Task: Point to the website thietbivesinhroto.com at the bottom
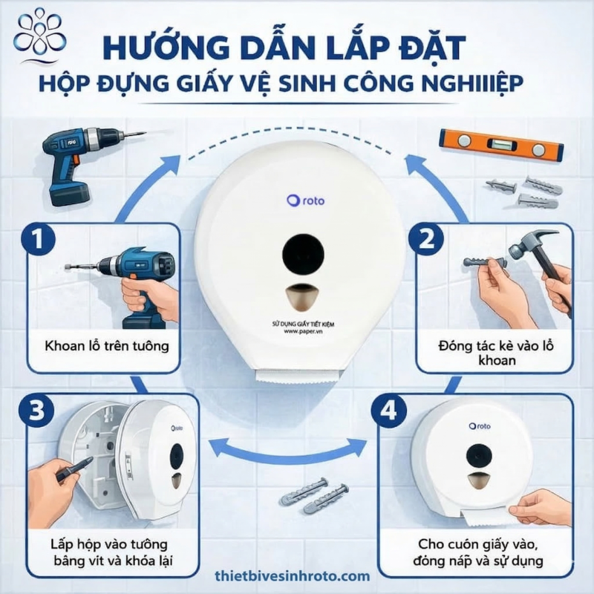click(291, 576)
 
